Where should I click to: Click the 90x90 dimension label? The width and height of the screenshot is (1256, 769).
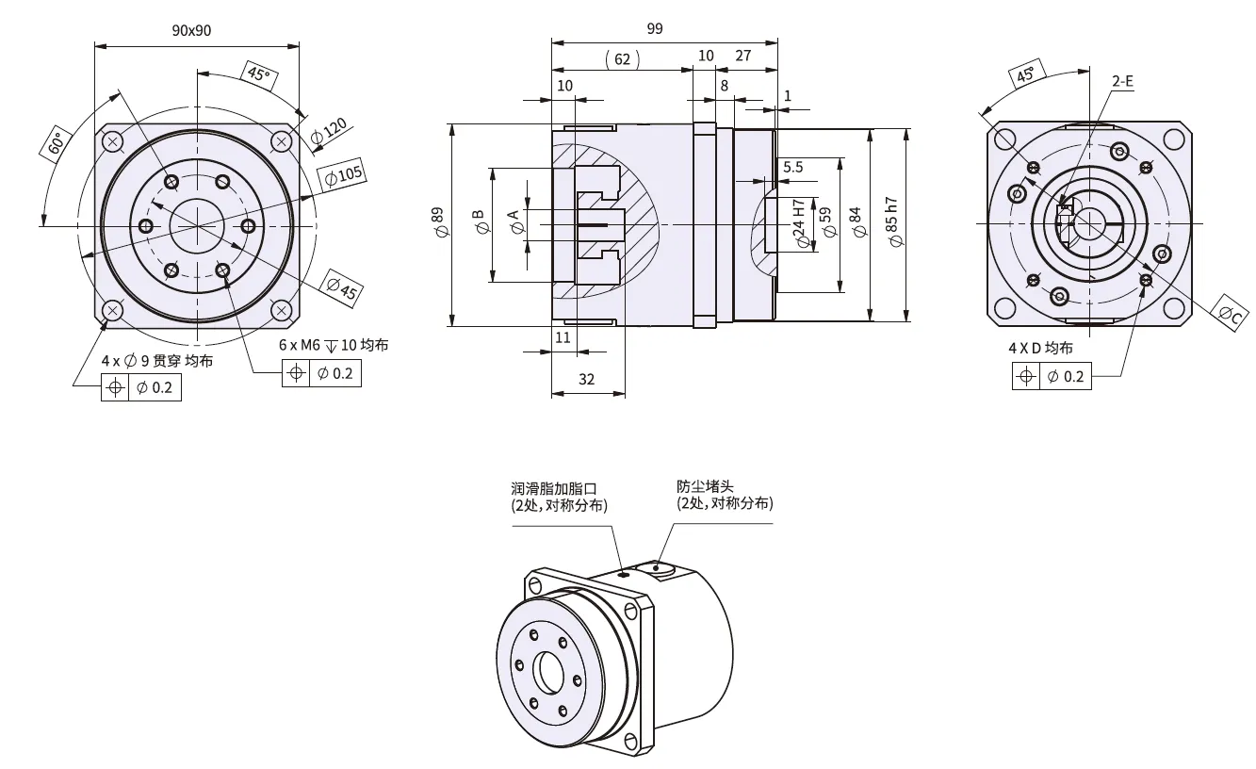click(191, 30)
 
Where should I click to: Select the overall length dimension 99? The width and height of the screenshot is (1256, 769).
click(654, 28)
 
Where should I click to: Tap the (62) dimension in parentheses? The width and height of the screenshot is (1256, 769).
click(622, 58)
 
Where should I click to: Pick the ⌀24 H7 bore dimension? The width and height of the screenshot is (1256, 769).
click(799, 223)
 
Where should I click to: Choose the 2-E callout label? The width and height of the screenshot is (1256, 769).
click(1122, 82)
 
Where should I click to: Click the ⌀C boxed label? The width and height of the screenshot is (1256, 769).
click(1231, 315)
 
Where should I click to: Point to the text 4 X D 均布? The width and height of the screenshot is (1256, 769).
click(1040, 348)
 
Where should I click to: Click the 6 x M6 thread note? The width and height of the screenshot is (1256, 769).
click(334, 345)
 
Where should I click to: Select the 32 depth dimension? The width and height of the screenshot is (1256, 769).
click(587, 379)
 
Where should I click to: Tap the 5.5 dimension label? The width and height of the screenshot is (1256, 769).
click(792, 167)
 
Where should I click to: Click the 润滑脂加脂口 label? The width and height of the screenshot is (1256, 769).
click(554, 488)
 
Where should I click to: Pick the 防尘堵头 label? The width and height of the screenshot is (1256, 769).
click(705, 486)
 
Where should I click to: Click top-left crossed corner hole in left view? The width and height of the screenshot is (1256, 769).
click(113, 142)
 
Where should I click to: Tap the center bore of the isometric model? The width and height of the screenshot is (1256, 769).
click(547, 671)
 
